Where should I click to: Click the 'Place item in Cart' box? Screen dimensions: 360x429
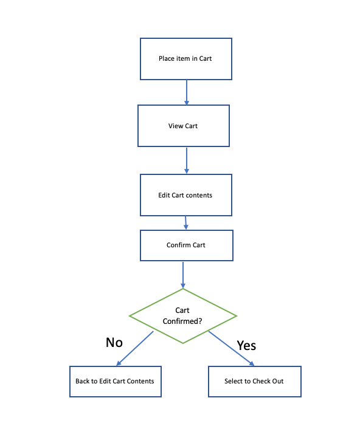tap(186, 59)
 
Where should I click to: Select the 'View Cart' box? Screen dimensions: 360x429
tap(184, 126)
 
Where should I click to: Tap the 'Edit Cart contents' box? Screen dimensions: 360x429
tap(186, 195)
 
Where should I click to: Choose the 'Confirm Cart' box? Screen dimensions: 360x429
tap(187, 245)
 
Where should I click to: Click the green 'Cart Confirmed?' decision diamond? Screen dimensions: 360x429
tap(183, 316)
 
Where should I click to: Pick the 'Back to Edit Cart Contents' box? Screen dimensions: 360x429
tap(116, 381)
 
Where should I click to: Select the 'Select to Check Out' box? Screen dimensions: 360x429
tap(255, 381)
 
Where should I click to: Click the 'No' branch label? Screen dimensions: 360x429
tap(114, 342)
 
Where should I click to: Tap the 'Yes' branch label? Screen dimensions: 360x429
tap(246, 345)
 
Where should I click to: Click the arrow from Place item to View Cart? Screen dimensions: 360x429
tap(187, 92)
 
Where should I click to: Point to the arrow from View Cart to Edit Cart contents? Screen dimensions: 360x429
tap(187, 160)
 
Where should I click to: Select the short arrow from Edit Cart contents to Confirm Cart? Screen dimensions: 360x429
tap(186, 223)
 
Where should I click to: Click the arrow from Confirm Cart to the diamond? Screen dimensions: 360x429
tap(183, 275)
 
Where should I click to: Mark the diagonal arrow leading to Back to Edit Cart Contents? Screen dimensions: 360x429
tap(134, 348)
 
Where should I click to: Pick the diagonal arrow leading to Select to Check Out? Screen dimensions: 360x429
tap(231, 348)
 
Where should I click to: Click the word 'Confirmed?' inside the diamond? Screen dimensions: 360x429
tap(182, 321)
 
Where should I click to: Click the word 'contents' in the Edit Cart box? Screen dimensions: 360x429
tap(199, 195)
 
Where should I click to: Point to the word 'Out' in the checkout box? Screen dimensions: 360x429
tap(277, 381)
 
